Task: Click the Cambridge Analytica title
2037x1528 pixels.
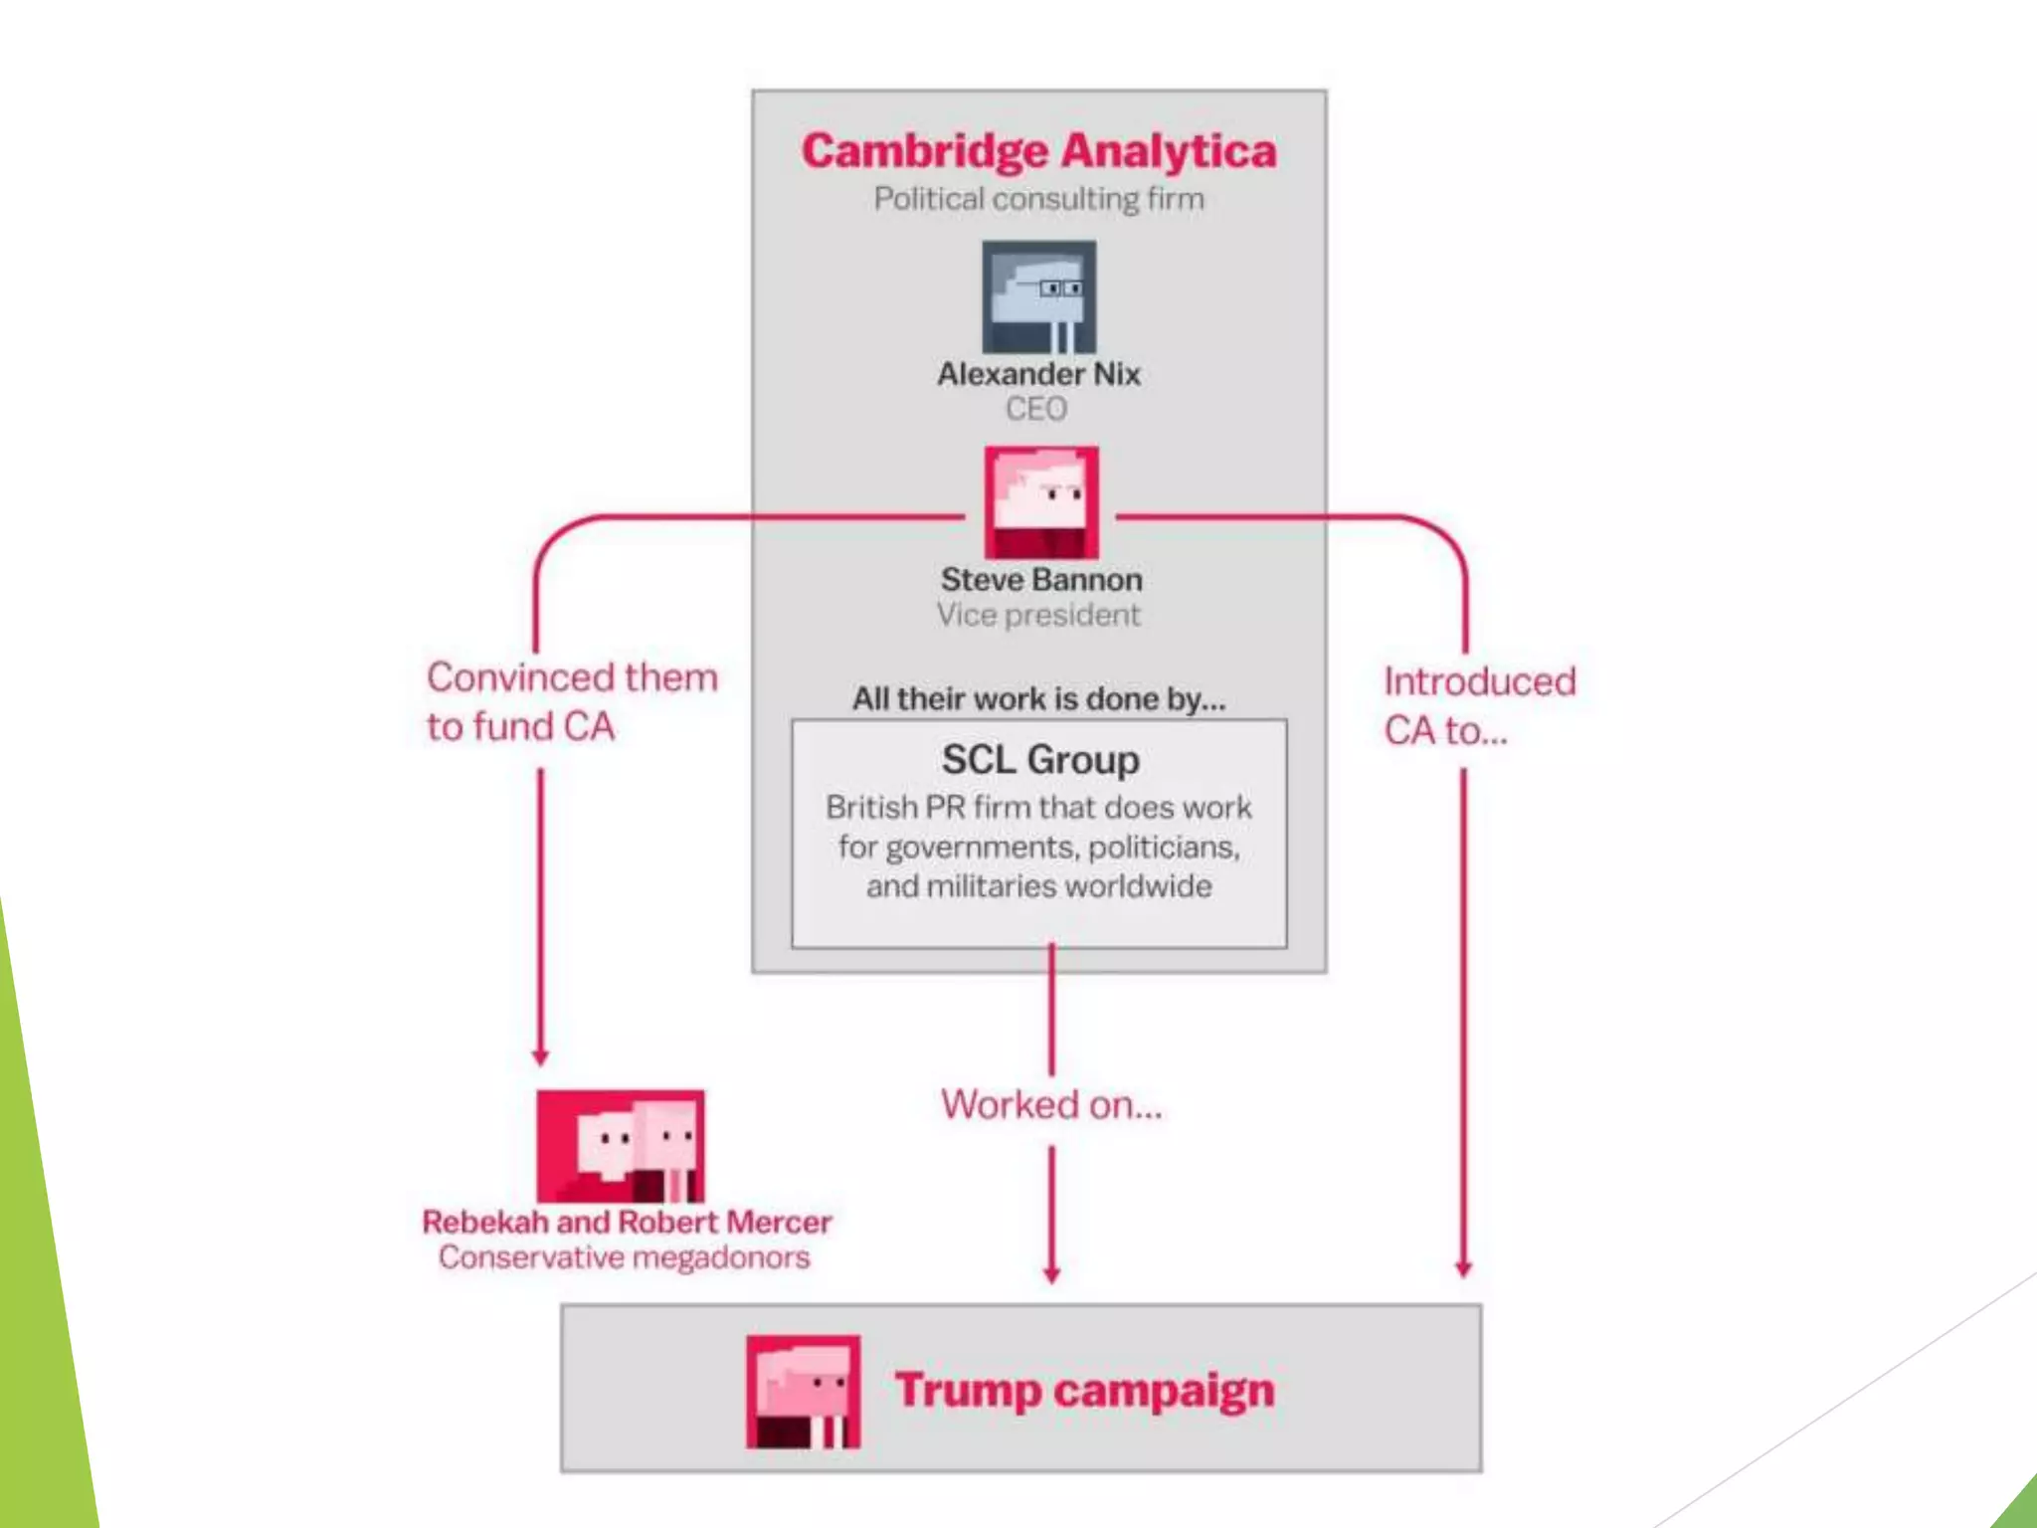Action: [x=1038, y=151]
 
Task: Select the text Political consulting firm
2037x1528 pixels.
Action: [x=1038, y=199]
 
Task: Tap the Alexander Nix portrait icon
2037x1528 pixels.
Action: [x=1039, y=296]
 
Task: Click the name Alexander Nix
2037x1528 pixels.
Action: [x=1038, y=374]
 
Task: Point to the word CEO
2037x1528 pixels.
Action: [x=1035, y=409]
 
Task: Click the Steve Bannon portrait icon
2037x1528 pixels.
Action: [x=1041, y=502]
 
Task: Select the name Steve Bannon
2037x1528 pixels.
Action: [x=1041, y=580]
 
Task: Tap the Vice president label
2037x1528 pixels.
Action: [x=1037, y=615]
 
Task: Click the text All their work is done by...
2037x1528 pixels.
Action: [x=1038, y=699]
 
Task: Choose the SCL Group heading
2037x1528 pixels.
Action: [x=1040, y=760]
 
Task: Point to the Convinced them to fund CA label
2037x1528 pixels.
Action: [x=571, y=701]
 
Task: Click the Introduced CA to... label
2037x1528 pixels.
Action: [x=1478, y=705]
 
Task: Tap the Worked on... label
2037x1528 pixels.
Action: [x=1051, y=1104]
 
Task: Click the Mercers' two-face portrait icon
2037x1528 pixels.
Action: [x=621, y=1146]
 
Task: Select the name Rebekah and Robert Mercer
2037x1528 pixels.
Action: [x=627, y=1222]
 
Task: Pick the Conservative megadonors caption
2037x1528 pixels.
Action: [x=624, y=1257]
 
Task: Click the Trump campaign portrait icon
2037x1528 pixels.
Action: [x=803, y=1391]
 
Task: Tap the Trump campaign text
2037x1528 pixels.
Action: [x=1084, y=1390]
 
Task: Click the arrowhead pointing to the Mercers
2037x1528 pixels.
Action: [x=540, y=1056]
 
